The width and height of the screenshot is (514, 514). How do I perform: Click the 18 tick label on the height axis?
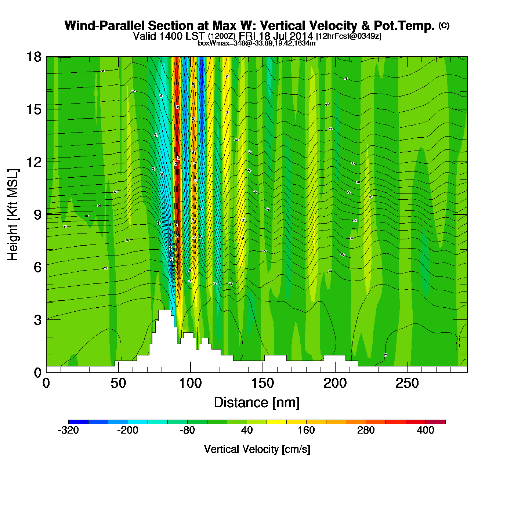pyautogui.click(x=34, y=57)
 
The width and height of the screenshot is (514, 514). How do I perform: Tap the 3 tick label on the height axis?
pyautogui.click(x=38, y=320)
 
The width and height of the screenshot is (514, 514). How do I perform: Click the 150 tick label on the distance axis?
pyautogui.click(x=263, y=384)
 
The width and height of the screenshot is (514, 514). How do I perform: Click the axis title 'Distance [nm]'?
pyautogui.click(x=257, y=403)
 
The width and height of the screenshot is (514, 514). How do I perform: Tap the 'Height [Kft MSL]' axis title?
pyautogui.click(x=13, y=215)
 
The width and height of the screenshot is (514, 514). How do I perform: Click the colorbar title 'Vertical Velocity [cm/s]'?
pyautogui.click(x=257, y=449)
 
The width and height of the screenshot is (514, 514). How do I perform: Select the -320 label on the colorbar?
pyautogui.click(x=68, y=430)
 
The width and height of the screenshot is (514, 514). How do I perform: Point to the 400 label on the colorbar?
pyautogui.click(x=426, y=430)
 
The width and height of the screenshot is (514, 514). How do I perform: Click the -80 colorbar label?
pyautogui.click(x=187, y=430)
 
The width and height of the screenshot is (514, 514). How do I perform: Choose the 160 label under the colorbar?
pyautogui.click(x=306, y=430)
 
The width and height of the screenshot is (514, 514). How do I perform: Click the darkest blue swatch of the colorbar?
pyautogui.click(x=78, y=422)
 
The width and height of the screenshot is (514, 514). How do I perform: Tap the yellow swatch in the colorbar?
pyautogui.click(x=276, y=422)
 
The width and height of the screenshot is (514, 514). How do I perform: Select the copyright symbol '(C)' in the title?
pyautogui.click(x=444, y=25)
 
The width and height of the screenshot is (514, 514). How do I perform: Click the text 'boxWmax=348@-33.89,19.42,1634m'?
pyautogui.click(x=257, y=43)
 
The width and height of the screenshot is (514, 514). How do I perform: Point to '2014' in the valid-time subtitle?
pyautogui.click(x=301, y=36)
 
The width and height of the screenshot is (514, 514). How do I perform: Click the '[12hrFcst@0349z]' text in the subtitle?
pyautogui.click(x=348, y=36)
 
